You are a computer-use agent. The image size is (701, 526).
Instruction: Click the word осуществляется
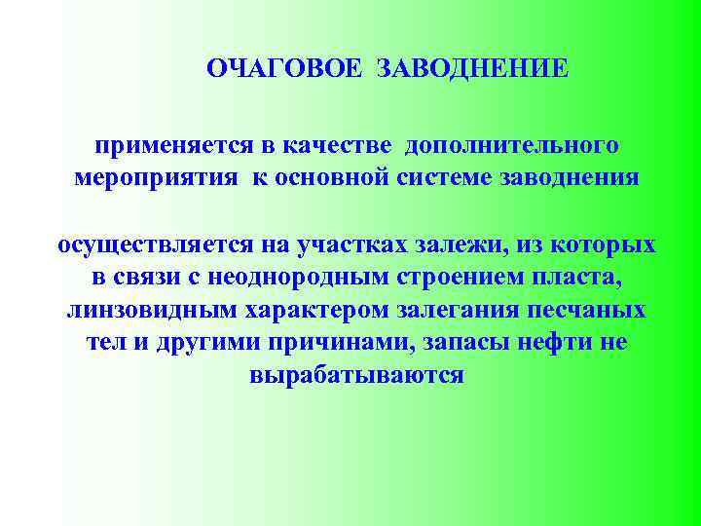[x=149, y=244]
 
